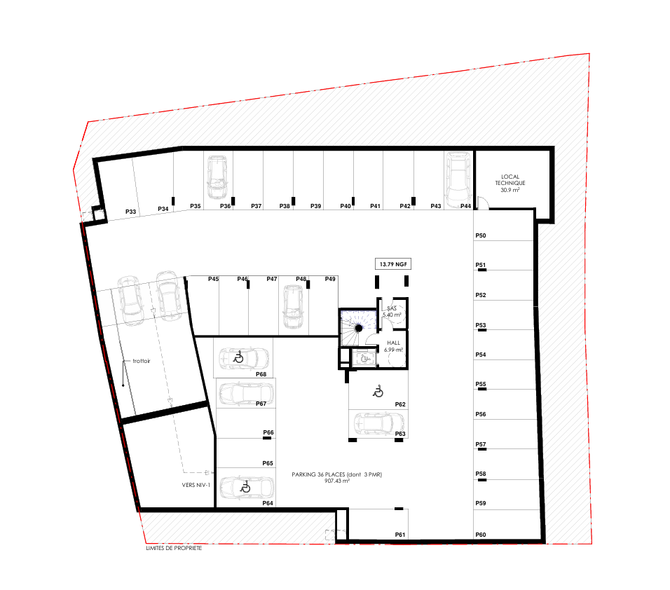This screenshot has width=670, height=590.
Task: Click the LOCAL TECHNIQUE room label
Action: pos(510,183)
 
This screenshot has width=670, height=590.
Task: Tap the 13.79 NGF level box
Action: pos(393,264)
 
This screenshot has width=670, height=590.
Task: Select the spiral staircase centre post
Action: pos(359,328)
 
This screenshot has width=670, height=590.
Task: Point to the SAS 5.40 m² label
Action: pos(392,311)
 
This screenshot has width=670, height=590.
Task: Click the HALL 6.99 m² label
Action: pos(394,346)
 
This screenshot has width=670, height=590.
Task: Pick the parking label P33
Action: pos(131,212)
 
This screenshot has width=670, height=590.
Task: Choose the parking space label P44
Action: pos(466,206)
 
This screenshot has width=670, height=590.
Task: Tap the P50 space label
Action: pos(481,235)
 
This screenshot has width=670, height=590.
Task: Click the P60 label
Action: pos(481,535)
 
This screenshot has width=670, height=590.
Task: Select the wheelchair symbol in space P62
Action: pos(378,391)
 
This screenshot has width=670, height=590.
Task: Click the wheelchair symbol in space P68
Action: pos(238,357)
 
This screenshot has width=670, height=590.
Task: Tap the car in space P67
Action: pos(246,394)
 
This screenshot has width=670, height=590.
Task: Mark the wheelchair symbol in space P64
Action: pos(245,486)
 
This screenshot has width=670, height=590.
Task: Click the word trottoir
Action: pos(142,361)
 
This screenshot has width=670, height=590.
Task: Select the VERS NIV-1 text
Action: pos(196,485)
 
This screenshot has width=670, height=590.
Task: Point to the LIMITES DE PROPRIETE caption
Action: pos(174,548)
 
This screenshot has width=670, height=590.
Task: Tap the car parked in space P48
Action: pos(293,307)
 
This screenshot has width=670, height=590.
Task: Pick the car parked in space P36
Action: pos(217,177)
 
